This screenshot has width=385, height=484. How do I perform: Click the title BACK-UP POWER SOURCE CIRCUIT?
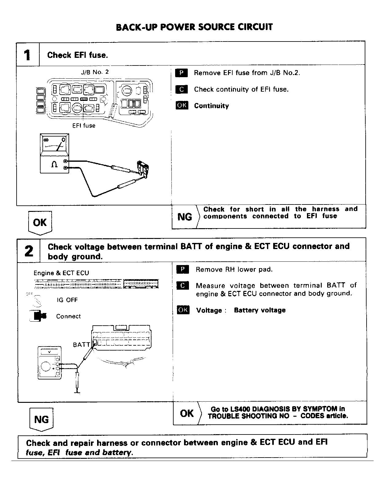pos(194,27)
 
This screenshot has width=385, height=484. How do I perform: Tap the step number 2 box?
pos(29,251)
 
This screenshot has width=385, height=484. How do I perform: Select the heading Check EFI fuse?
pos(77,55)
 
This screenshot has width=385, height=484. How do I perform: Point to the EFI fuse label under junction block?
pos(84,125)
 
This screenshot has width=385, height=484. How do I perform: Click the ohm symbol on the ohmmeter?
pos(54,165)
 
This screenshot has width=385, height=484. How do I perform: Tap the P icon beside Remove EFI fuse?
pos(181,73)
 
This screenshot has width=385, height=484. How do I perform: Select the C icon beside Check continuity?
pos(181,89)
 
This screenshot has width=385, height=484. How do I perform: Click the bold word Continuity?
pos(211,106)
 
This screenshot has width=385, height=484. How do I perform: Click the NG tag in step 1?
pos(185,217)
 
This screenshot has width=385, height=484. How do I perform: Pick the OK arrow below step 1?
pos(40,222)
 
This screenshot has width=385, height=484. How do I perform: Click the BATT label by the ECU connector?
pos(81,345)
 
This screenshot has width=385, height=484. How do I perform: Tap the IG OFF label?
pos(67,300)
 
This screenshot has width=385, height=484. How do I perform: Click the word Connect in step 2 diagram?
pos(68,316)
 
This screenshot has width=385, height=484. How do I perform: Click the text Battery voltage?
pos(260,310)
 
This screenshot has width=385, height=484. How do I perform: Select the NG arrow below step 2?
pos(41,419)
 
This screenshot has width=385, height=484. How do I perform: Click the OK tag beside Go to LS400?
pos(187,413)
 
